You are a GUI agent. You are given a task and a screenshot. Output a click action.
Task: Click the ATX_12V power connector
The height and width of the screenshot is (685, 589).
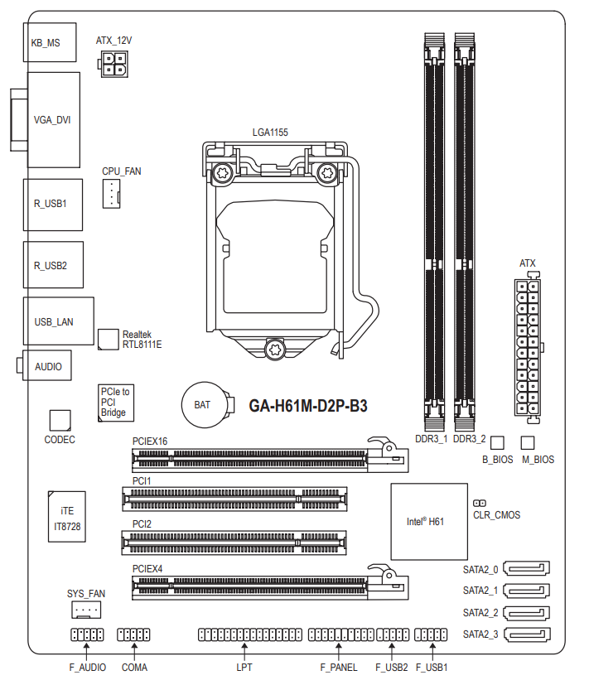113,64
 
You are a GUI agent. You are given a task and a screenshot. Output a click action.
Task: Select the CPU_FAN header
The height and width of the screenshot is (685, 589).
111,194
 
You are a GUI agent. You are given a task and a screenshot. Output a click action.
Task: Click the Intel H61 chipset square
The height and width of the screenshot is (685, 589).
429,521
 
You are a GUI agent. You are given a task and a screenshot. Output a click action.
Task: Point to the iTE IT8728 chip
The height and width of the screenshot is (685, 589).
67,517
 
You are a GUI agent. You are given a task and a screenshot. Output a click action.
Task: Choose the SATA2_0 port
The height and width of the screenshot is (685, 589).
527,568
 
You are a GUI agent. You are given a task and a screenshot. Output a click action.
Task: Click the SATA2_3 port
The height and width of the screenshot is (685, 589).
527,634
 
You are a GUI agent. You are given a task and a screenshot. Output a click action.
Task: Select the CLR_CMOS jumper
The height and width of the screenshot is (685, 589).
480,504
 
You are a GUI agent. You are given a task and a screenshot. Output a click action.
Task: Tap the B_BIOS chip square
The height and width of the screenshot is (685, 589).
497,442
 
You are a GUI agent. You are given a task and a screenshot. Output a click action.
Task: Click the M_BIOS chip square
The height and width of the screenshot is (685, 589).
528,442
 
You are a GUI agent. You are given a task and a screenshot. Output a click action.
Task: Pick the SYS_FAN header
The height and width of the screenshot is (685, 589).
86,610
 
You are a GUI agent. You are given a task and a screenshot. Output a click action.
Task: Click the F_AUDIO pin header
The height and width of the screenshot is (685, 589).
87,634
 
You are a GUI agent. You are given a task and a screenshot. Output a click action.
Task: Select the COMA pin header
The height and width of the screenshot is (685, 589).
133,634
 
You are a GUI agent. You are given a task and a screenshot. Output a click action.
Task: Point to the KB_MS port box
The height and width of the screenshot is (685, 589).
50,42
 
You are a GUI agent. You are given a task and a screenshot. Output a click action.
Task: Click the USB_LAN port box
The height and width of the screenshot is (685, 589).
59,321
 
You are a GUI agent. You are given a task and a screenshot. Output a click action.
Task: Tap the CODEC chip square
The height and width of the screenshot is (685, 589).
60,421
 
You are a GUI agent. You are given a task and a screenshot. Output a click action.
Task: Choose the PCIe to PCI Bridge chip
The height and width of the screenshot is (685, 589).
116,403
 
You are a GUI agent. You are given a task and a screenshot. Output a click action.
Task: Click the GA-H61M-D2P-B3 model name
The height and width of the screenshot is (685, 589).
308,406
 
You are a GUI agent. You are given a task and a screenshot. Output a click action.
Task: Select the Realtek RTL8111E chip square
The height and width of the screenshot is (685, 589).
109,340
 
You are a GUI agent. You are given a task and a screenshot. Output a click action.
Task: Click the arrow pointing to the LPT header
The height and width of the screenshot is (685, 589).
244,651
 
